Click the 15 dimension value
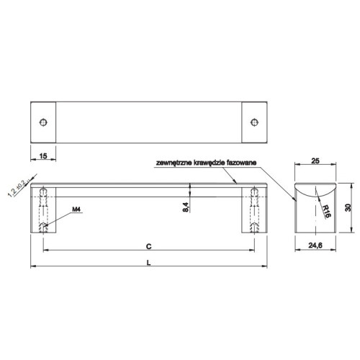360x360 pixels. pyautogui.click(x=43, y=156)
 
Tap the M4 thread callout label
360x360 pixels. pyautogui.click(x=76, y=210)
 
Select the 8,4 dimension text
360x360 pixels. pyautogui.click(x=186, y=207)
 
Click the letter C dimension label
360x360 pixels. pyautogui.click(x=149, y=246)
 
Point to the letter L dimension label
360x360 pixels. pyautogui.click(x=149, y=263)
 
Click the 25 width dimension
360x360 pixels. pyautogui.click(x=315, y=161)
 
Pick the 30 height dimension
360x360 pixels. pyautogui.click(x=348, y=207)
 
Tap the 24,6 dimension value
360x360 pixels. pyautogui.click(x=315, y=246)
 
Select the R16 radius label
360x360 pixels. pyautogui.click(x=326, y=211)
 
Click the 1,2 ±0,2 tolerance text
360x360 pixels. pyautogui.click(x=17, y=188)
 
